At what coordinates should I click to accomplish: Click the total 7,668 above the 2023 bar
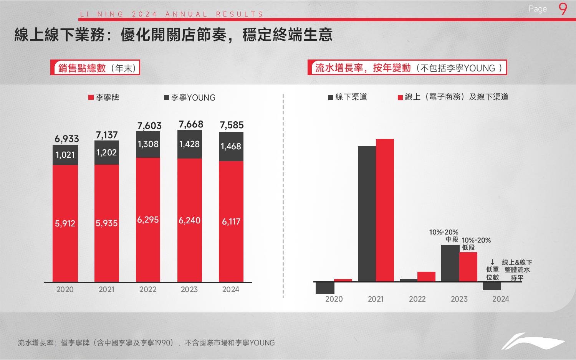click(x=191, y=124)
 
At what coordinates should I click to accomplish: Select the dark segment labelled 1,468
click(x=231, y=147)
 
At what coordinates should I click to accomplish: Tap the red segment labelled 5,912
click(x=65, y=223)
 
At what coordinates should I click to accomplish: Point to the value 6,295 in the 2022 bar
click(x=148, y=220)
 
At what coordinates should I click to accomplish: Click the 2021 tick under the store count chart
click(x=106, y=290)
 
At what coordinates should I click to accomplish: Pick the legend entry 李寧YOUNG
click(x=190, y=98)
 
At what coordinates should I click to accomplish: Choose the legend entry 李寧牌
click(x=104, y=98)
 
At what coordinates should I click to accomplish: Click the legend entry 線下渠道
click(x=348, y=97)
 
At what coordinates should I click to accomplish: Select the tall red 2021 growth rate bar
click(x=385, y=210)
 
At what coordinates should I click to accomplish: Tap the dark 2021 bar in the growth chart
click(x=367, y=214)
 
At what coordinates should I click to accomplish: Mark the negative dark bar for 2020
click(x=325, y=288)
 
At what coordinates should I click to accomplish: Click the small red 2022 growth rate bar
click(x=426, y=277)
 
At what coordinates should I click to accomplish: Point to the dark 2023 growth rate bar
click(x=450, y=263)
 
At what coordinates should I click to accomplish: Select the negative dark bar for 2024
click(x=492, y=286)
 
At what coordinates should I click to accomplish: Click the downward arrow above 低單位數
click(x=492, y=263)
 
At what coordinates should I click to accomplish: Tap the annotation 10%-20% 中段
click(x=444, y=236)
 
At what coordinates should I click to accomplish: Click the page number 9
click(x=563, y=9)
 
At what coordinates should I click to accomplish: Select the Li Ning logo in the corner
click(x=533, y=340)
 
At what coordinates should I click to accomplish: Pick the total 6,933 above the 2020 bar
click(x=67, y=139)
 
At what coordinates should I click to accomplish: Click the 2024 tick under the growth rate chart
click(x=500, y=299)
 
